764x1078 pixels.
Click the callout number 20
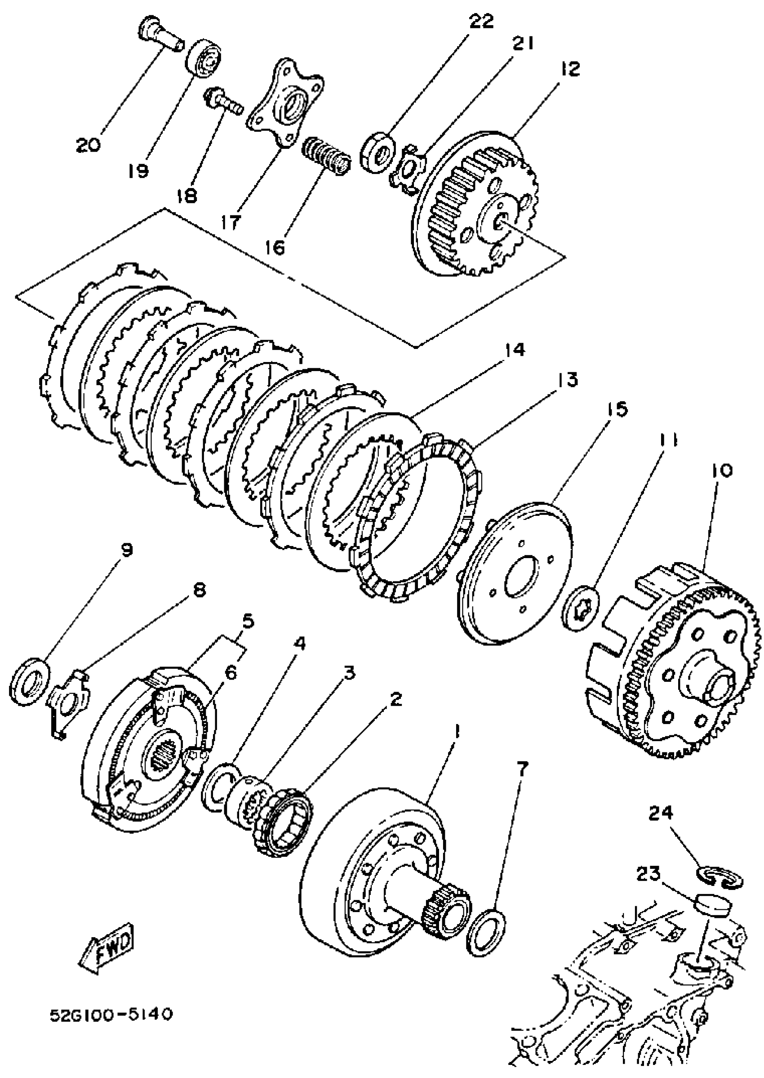(x=88, y=144)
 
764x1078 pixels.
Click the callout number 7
(x=522, y=769)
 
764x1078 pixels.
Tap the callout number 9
(x=127, y=550)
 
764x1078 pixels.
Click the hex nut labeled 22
(x=378, y=152)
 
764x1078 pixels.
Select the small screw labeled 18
(x=222, y=100)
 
